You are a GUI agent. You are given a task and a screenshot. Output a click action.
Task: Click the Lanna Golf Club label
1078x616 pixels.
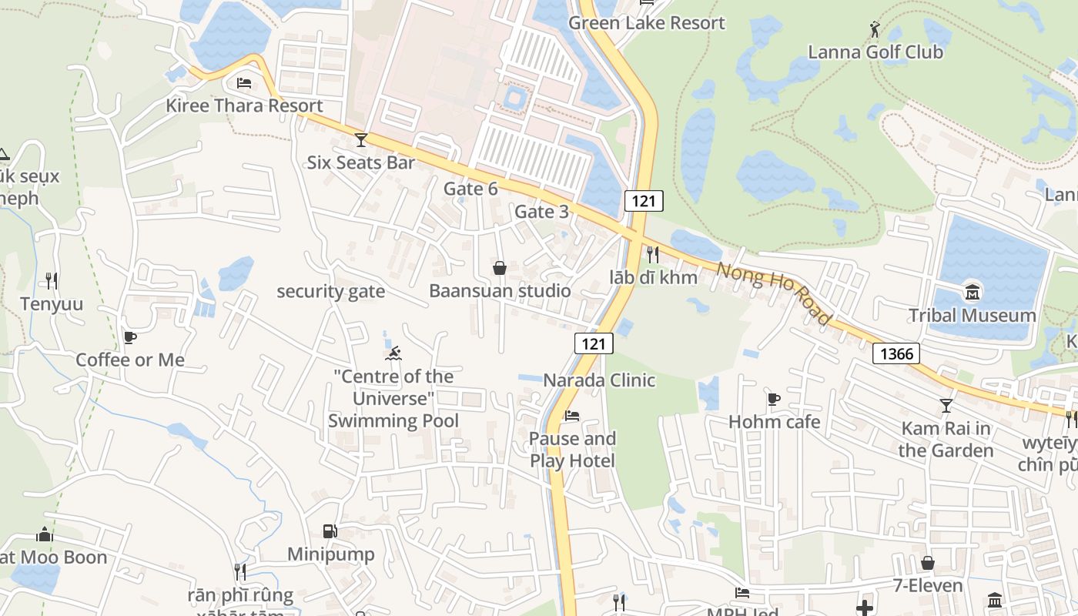click(875, 52)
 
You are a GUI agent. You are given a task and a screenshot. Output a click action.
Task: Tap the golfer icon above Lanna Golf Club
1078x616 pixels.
click(874, 30)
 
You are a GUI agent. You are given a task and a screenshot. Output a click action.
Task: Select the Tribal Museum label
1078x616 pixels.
click(972, 315)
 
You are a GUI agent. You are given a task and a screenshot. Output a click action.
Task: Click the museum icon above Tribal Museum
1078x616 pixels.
click(972, 293)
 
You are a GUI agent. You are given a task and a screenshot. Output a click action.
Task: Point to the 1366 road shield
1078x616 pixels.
click(897, 353)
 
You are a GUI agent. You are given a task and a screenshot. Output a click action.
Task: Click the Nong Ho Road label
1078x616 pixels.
click(774, 293)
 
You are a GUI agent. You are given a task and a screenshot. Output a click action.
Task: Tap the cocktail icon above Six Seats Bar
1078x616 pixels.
click(360, 140)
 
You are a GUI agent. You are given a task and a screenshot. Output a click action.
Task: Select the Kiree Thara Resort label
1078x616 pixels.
click(244, 105)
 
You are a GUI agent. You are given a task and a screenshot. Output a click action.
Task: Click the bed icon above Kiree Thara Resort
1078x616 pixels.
click(244, 83)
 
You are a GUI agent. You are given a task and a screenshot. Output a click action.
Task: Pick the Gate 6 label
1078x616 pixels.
click(470, 189)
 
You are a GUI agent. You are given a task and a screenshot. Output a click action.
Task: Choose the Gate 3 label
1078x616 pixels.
click(541, 211)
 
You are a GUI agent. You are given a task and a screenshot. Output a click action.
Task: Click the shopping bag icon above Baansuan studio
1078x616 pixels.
click(500, 268)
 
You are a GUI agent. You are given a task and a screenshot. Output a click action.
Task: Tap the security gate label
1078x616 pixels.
click(330, 291)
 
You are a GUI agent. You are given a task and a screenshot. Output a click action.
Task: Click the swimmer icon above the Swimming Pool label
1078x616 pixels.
click(393, 353)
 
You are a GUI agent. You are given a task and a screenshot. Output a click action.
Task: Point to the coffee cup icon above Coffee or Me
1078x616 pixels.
click(129, 337)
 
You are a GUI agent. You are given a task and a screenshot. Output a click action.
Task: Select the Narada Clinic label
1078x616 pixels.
click(599, 380)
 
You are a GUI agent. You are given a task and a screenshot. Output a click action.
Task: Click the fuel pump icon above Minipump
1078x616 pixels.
click(330, 531)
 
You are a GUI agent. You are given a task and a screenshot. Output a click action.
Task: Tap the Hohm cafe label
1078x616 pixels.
click(774, 421)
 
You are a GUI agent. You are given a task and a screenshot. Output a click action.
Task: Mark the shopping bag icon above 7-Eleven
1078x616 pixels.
click(928, 564)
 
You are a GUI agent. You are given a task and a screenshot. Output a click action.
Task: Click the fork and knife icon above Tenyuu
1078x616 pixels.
click(52, 281)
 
